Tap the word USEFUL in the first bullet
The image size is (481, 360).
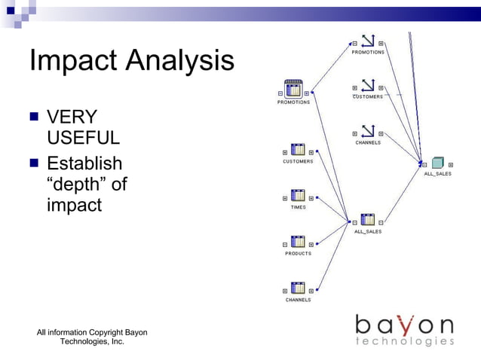[83, 139]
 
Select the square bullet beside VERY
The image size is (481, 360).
[34, 117]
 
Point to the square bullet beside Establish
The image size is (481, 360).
[34, 163]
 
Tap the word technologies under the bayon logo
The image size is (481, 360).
[405, 342]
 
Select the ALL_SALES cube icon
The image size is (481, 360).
[437, 163]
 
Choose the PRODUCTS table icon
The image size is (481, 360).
[298, 243]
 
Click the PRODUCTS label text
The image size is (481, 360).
[298, 254]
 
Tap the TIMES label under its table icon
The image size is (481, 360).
[298, 207]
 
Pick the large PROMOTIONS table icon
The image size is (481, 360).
[293, 90]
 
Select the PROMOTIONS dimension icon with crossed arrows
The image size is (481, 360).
[368, 42]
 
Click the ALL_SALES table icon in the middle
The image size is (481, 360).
[368, 221]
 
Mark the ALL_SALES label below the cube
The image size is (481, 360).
[437, 174]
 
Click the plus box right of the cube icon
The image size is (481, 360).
[451, 164]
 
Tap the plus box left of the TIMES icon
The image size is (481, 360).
[285, 198]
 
